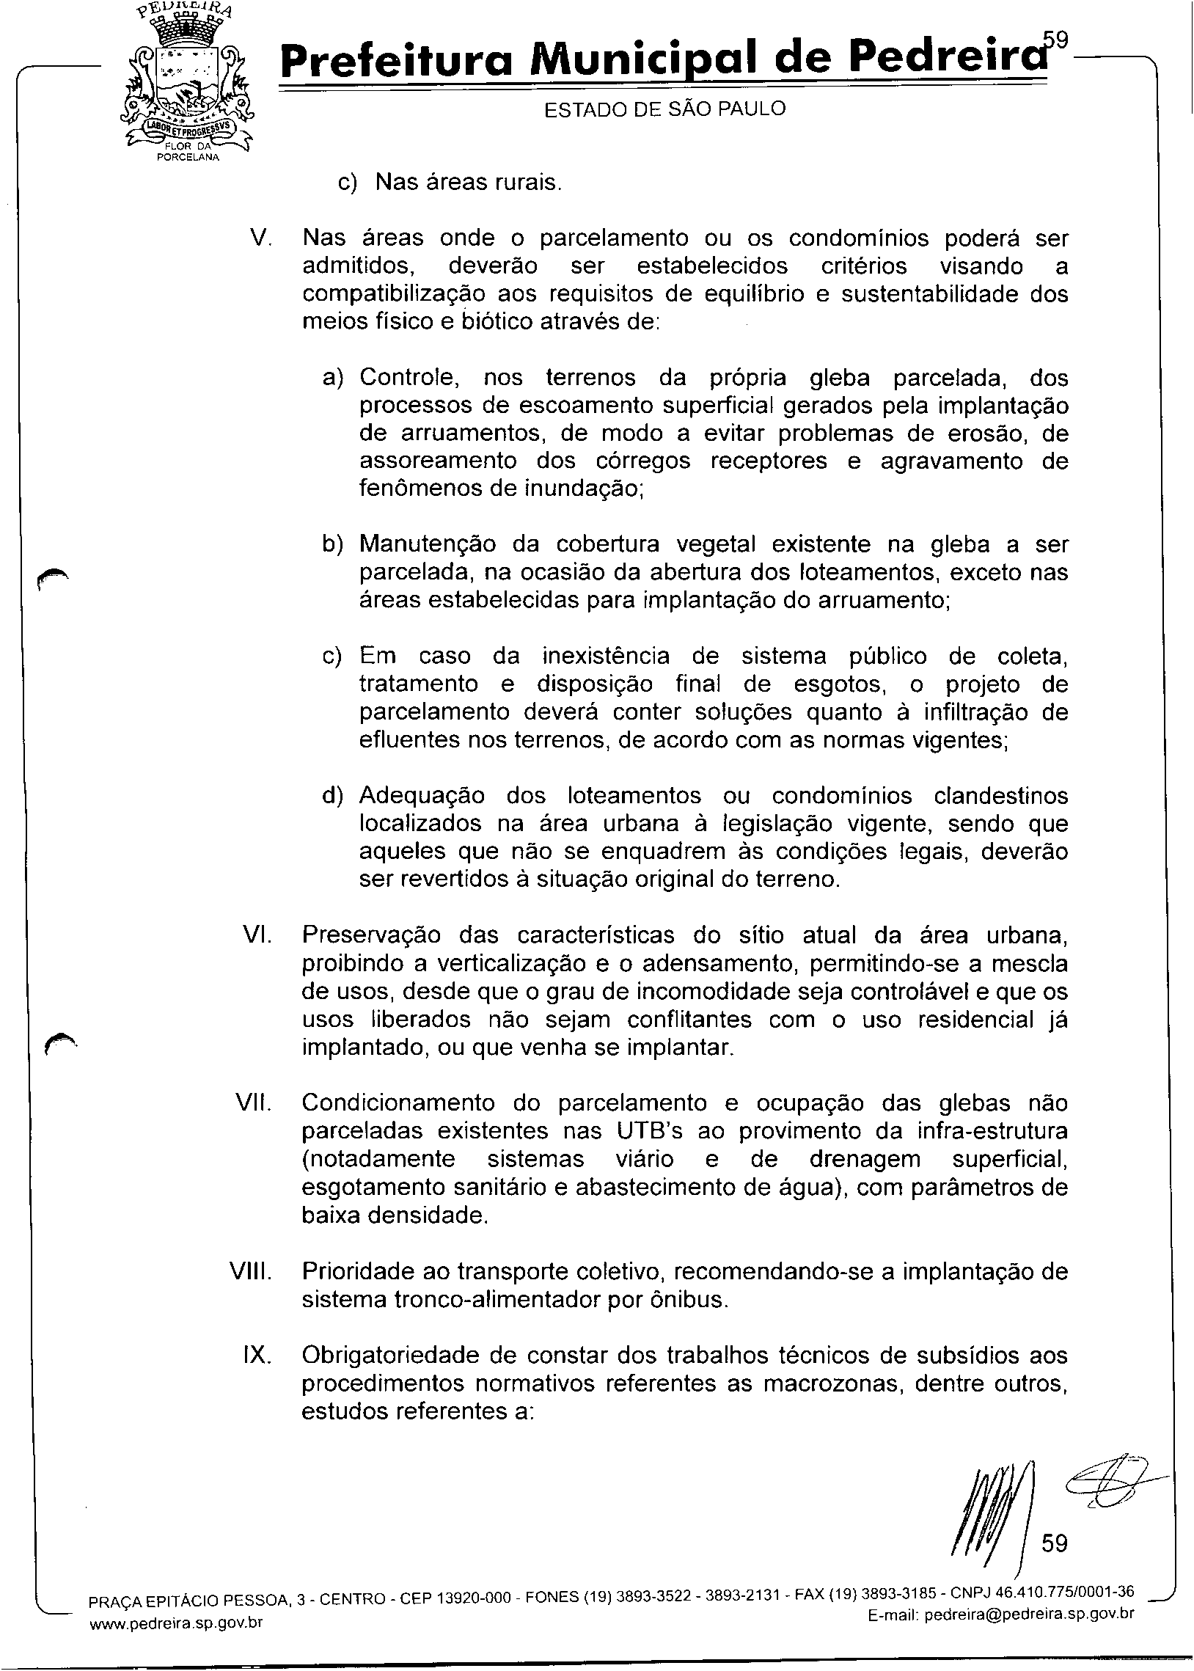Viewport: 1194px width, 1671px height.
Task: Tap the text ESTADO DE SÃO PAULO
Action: click(664, 109)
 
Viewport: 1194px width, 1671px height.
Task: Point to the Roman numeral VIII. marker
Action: click(251, 1271)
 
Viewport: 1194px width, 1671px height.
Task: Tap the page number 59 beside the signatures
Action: click(1054, 1543)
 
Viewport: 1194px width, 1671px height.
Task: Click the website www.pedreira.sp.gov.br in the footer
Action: click(176, 1623)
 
